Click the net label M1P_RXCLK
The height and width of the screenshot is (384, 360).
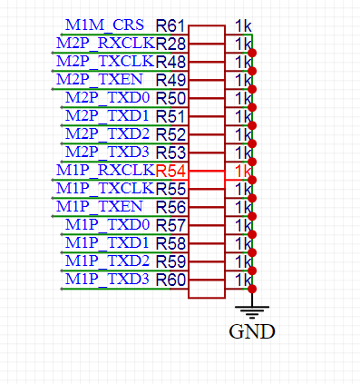[105, 170]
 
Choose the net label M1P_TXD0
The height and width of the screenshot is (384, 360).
[108, 224]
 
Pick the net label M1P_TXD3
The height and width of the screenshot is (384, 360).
[108, 279]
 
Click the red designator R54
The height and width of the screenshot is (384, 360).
[171, 171]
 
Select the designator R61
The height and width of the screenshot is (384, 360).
[171, 25]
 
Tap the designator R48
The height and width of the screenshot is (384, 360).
[171, 62]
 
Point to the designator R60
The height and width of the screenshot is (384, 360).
[171, 280]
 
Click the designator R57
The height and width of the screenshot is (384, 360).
[171, 225]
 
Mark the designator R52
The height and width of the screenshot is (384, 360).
[171, 134]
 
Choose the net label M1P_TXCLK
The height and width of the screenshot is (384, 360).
[105, 188]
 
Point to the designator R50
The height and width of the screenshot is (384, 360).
[171, 98]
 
